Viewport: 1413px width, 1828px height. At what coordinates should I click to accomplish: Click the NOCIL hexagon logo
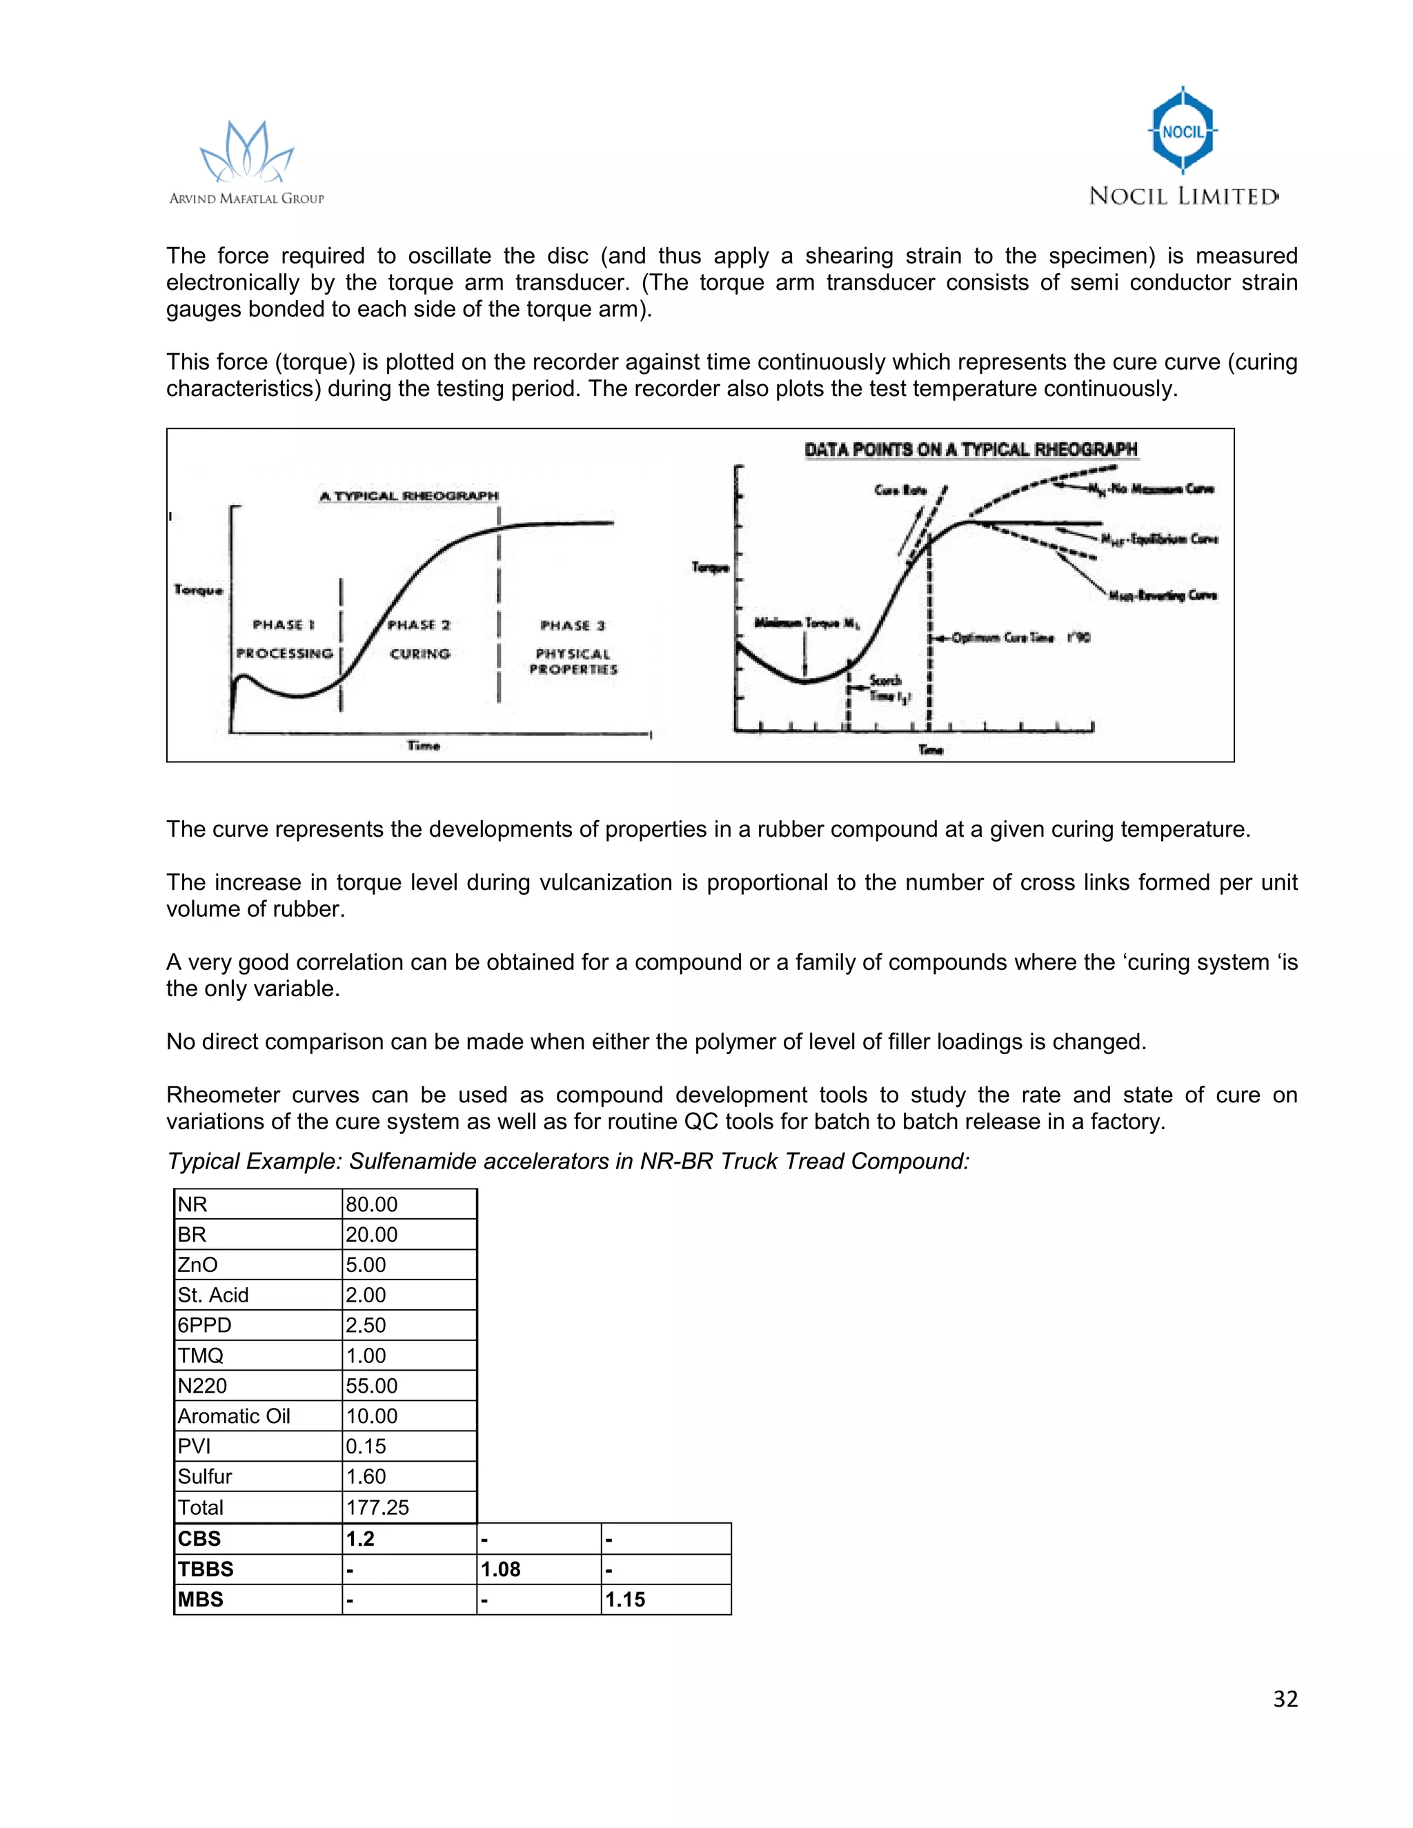(1183, 130)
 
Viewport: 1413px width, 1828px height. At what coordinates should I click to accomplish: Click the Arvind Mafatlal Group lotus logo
(246, 152)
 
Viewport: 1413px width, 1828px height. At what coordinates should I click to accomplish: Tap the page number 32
(1285, 1698)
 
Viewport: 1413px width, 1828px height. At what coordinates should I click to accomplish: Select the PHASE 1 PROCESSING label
(284, 639)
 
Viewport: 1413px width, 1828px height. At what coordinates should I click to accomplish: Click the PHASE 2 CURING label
(419, 639)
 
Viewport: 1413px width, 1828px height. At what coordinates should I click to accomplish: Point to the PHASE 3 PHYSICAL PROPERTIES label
(573, 647)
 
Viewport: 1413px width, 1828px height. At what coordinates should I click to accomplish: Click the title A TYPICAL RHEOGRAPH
(408, 497)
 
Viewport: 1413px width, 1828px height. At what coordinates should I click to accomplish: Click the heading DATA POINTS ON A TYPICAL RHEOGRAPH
(970, 450)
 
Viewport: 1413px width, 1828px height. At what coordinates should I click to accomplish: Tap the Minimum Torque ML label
(806, 623)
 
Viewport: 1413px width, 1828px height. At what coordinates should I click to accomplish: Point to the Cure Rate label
(900, 490)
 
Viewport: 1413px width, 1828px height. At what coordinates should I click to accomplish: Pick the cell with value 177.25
(377, 1507)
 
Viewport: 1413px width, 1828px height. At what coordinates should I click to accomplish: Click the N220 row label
(203, 1386)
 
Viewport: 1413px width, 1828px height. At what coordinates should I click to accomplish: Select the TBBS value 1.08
(501, 1569)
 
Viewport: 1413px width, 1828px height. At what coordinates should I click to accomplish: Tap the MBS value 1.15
(625, 1600)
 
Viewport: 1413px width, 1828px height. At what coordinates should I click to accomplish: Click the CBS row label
(199, 1538)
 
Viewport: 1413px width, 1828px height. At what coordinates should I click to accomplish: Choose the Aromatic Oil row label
(234, 1416)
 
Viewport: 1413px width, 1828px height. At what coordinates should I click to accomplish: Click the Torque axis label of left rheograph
(199, 590)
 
